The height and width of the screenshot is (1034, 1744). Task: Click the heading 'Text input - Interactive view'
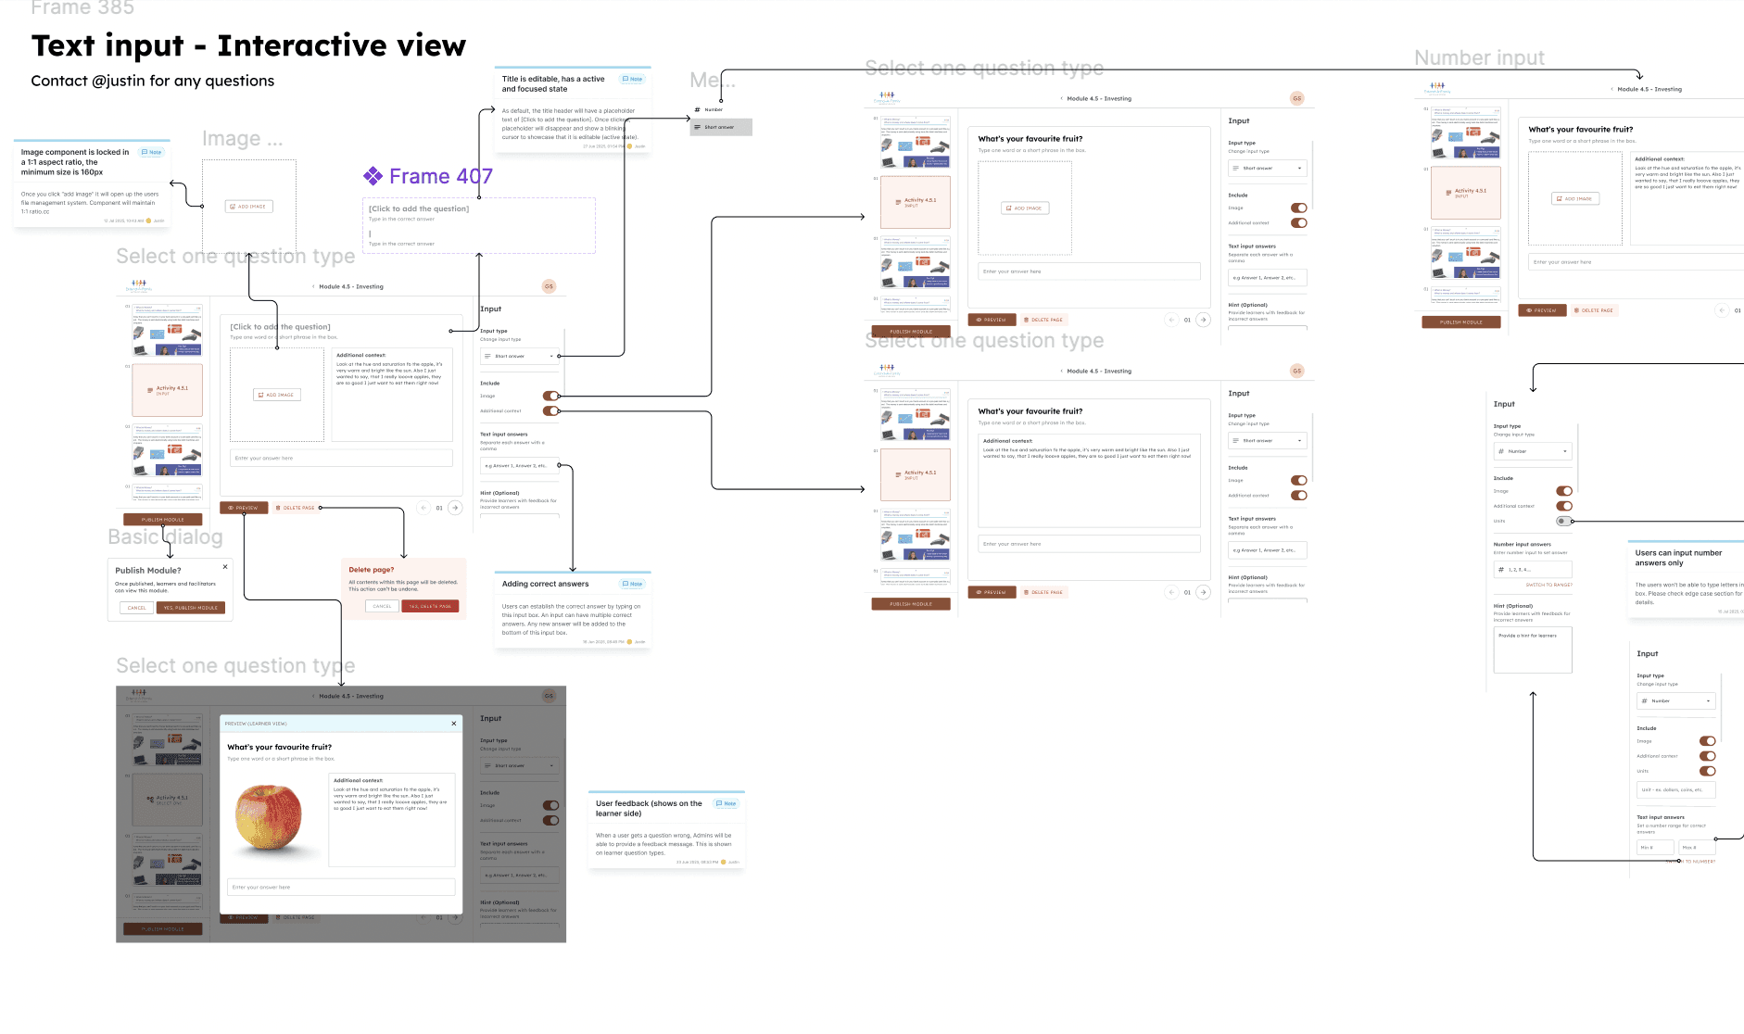[248, 45]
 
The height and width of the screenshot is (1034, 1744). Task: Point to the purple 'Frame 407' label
[440, 176]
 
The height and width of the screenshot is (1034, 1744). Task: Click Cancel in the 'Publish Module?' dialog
[136, 608]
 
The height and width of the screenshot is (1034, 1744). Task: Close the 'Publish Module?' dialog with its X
[225, 566]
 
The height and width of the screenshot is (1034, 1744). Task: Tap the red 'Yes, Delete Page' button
[430, 606]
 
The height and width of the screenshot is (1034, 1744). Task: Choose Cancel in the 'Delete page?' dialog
[382, 606]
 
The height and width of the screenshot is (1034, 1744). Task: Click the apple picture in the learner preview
[268, 816]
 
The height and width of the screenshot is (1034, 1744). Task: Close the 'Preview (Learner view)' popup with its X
[454, 724]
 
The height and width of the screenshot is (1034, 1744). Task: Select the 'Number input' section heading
[1479, 58]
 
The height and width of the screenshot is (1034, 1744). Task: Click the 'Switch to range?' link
[1548, 585]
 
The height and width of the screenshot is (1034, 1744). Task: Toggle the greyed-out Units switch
[1564, 521]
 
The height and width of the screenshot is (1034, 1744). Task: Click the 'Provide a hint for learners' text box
[1532, 649]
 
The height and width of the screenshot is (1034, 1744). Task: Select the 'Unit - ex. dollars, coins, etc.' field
[1675, 790]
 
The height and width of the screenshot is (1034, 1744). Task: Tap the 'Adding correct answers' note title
[545, 584]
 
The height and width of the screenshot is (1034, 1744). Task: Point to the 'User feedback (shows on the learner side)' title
[649, 808]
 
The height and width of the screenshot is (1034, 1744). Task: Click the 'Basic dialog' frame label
[165, 537]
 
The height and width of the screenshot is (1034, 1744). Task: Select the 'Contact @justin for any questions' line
[153, 81]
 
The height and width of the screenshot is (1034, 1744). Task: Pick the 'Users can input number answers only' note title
[1678, 558]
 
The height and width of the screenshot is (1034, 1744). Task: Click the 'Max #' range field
[1696, 847]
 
